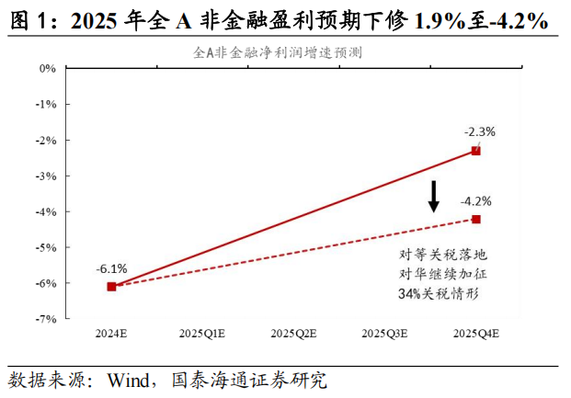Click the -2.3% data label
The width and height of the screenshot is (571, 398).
(480, 131)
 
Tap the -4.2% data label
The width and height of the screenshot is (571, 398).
(476, 201)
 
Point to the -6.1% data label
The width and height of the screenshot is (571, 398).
(111, 268)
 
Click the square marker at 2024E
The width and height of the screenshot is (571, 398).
(111, 287)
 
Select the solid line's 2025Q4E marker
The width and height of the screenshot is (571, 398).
(475, 151)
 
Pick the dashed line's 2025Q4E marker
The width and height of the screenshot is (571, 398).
(475, 219)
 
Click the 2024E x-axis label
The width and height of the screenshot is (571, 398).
(111, 333)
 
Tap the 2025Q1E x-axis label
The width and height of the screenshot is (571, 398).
(202, 333)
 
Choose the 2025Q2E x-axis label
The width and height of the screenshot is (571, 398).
(293, 333)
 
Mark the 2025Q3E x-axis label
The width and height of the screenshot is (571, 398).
(384, 333)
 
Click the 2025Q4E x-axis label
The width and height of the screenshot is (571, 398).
(475, 333)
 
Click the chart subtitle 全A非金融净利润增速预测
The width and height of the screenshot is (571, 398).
(277, 52)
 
